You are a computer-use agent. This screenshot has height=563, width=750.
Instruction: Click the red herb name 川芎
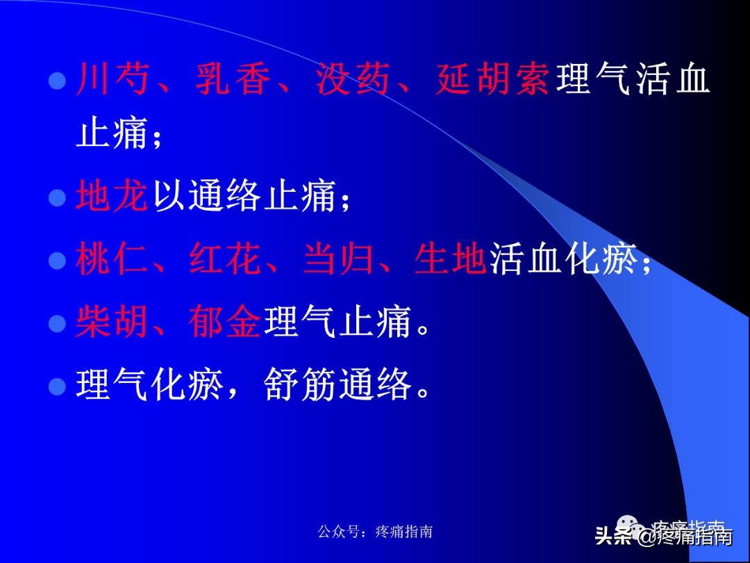point(112,79)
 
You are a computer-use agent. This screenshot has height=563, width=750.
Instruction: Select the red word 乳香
point(233,79)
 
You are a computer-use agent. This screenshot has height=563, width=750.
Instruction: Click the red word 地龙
point(112,197)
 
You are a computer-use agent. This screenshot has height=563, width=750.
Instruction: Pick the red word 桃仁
point(112,261)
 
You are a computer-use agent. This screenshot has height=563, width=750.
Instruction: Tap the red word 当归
point(338,261)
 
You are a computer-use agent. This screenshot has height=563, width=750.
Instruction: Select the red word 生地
point(450,261)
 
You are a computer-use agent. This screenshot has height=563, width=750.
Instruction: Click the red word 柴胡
point(112,323)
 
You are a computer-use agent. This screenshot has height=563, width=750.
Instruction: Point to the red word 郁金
point(224,323)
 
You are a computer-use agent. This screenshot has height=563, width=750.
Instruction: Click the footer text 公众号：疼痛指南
point(375,532)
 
